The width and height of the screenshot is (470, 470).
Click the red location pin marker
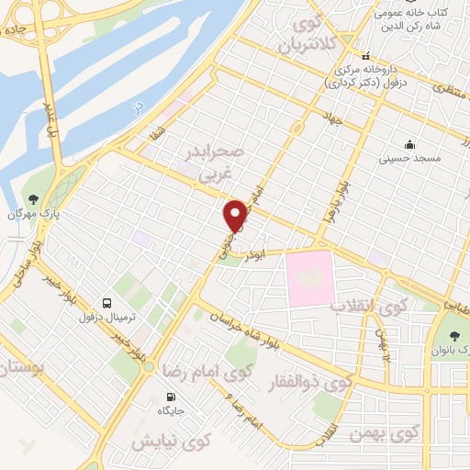tap(236, 216)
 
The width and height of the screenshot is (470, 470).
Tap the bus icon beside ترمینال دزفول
tap(108, 303)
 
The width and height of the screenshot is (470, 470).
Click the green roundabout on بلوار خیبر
tap(149, 368)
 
